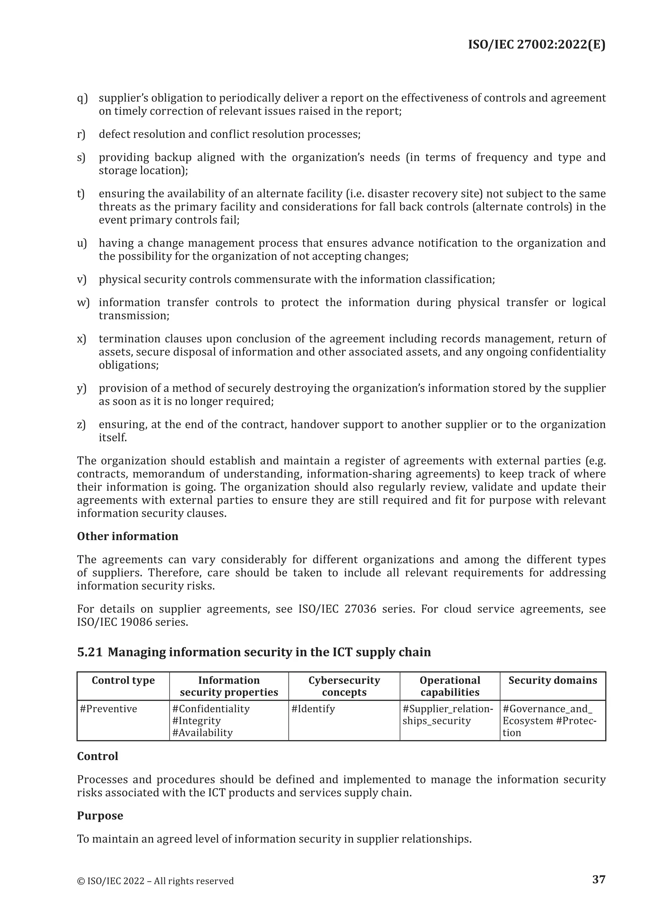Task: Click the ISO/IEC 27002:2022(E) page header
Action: (x=536, y=45)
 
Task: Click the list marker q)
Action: (x=82, y=98)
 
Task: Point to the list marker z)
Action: (x=82, y=424)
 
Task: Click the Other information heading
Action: (x=127, y=536)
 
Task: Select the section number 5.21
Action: (x=90, y=652)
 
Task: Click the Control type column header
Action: (x=123, y=680)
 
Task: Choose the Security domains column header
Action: (x=553, y=680)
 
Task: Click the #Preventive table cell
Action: (x=108, y=709)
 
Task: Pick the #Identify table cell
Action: (x=313, y=709)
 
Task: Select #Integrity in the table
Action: (x=196, y=721)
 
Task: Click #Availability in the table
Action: (x=202, y=733)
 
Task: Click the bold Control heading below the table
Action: (x=97, y=757)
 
